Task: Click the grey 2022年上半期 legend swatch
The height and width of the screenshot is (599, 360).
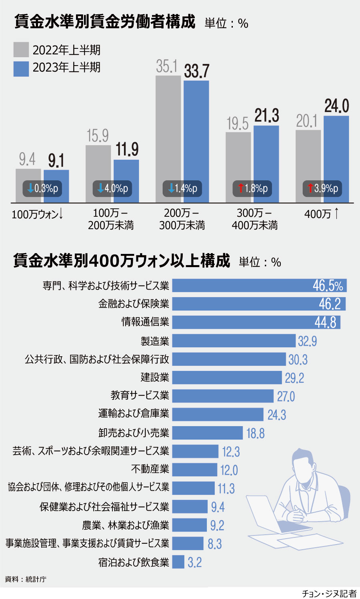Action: pos(21,50)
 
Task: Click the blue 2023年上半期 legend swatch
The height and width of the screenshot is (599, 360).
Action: pos(21,68)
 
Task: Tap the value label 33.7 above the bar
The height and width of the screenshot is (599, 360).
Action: pos(196,71)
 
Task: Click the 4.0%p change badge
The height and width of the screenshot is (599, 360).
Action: pos(112,188)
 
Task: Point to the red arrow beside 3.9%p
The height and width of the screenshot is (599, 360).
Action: pos(310,188)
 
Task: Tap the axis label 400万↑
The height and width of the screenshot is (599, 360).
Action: pos(322,214)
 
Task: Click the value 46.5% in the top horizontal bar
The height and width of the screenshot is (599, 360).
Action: pos(328,286)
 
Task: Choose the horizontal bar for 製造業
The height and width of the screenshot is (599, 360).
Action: pos(234,341)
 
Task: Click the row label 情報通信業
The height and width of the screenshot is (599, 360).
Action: pos(145,322)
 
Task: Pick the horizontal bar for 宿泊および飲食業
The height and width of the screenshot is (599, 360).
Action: pos(178,562)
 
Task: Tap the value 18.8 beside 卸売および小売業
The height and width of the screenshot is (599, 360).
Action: pos(255,433)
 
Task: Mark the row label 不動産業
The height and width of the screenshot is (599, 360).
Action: pos(150,469)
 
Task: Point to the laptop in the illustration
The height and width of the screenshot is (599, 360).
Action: pos(266,516)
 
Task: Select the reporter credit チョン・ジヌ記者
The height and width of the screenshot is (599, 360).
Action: pos(329,593)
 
